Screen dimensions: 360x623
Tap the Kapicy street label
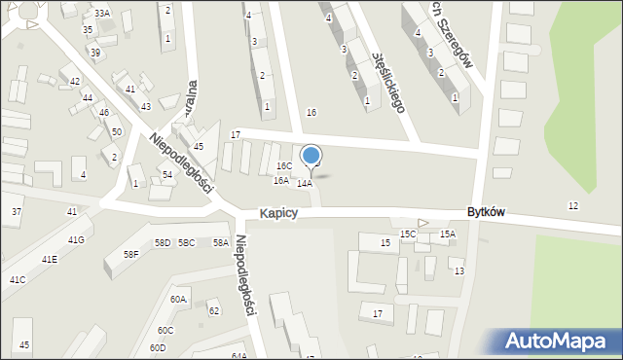click(x=278, y=213)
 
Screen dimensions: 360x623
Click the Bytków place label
click(x=485, y=212)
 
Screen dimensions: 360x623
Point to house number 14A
click(x=305, y=183)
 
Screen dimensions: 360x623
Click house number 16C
click(x=283, y=166)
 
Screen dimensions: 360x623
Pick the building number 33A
click(x=102, y=13)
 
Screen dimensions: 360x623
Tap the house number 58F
click(x=130, y=255)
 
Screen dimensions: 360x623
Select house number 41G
click(x=76, y=239)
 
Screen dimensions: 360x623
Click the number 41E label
click(x=49, y=259)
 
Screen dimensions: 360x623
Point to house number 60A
click(x=178, y=300)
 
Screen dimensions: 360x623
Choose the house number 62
click(x=214, y=310)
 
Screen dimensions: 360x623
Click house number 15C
click(x=408, y=234)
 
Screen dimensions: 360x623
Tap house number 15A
click(x=448, y=234)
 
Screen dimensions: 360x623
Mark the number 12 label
click(x=573, y=205)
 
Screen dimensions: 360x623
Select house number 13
click(x=458, y=270)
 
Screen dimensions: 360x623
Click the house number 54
click(x=167, y=175)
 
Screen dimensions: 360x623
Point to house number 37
click(x=17, y=211)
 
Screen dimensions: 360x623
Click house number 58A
click(x=221, y=242)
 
